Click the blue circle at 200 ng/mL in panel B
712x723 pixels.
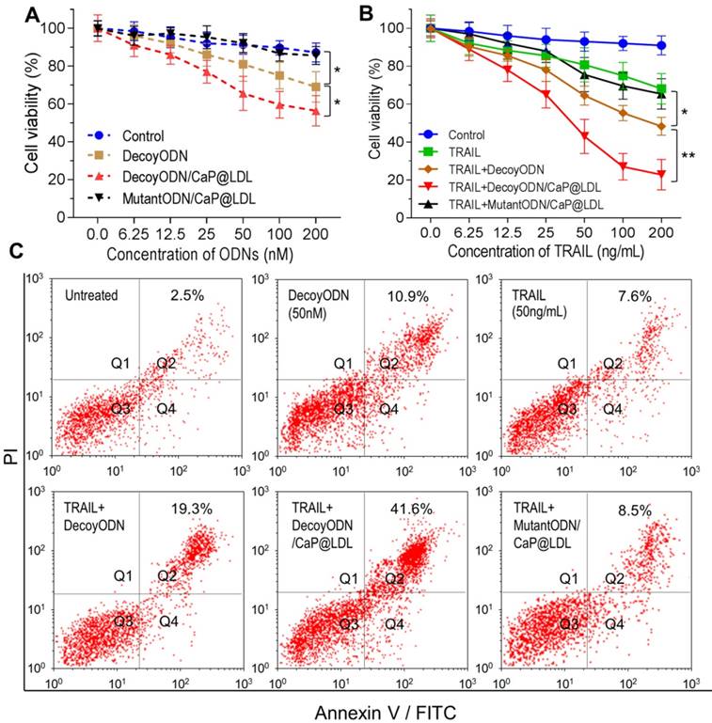pos(662,45)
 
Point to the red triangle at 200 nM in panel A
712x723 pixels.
pos(315,111)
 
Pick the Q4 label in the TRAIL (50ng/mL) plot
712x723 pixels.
pos(612,409)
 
